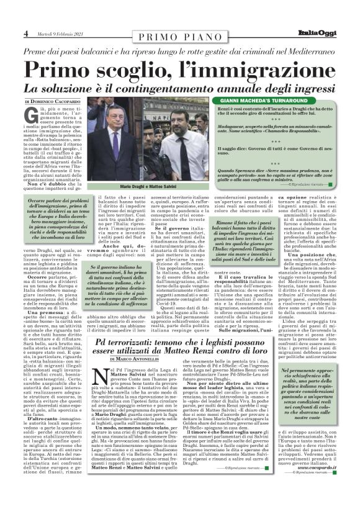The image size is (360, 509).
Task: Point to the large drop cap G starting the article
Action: pos(29,115)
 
